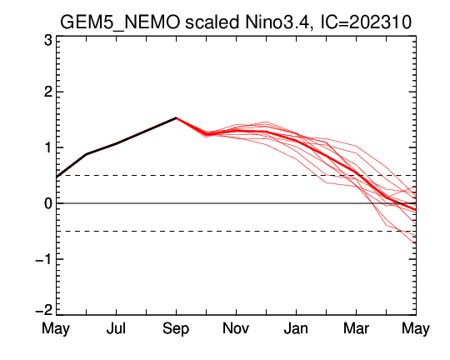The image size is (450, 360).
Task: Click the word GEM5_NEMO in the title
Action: click(120, 22)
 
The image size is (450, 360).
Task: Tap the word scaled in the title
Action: click(212, 22)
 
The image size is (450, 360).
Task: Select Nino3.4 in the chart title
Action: click(278, 22)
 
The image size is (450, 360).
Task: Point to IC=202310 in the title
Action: click(366, 22)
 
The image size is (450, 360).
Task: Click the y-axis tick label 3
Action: click(48, 40)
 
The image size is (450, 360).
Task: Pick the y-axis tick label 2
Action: click(48, 92)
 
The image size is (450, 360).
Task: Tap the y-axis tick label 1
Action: click(48, 147)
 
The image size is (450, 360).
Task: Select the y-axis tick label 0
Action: click(48, 203)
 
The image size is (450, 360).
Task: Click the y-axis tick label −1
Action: click(44, 259)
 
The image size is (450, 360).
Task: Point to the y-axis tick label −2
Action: click(44, 310)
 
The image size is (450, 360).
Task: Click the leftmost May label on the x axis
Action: click(56, 329)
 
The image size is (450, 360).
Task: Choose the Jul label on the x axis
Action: click(116, 328)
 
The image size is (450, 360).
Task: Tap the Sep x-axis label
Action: click(176, 329)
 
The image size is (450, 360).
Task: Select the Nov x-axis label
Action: click(236, 328)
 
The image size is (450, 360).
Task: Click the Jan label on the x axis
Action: click(296, 328)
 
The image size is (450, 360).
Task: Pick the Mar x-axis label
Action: click(356, 328)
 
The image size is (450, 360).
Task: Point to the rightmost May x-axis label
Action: click(416, 329)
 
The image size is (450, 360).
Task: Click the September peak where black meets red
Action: click(176, 117)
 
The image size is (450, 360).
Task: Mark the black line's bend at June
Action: click(87, 154)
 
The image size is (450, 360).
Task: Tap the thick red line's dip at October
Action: click(207, 134)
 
